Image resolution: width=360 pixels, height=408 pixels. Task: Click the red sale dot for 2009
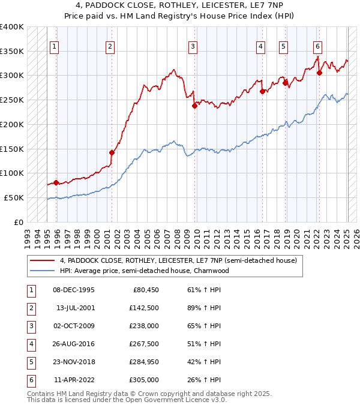[194, 106]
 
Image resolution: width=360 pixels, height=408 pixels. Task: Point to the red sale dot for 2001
[112, 152]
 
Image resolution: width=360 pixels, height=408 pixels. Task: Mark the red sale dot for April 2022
[319, 73]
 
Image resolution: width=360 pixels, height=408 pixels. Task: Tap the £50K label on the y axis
[14, 197]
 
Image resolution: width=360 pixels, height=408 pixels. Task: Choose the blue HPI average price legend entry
[144, 271]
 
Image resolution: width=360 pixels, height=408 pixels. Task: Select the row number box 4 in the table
[30, 344]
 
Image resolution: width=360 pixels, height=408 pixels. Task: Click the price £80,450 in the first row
[145, 290]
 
